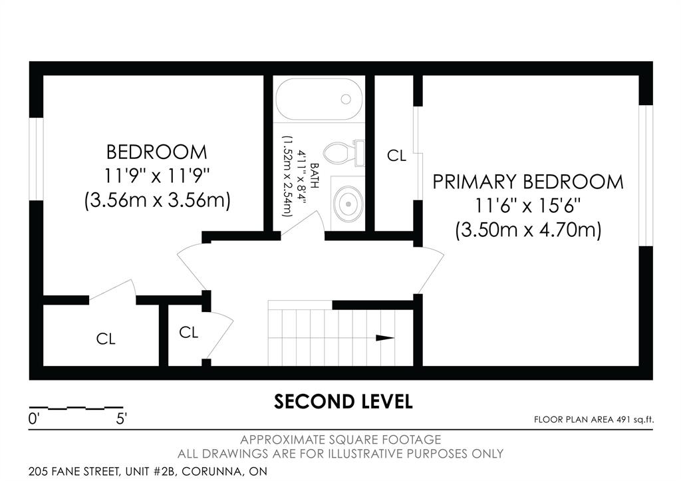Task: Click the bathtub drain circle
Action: (x=346, y=99)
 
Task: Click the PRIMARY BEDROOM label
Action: (x=528, y=182)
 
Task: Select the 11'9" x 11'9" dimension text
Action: (x=157, y=176)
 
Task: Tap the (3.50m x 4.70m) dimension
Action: (x=528, y=230)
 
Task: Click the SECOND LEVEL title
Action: (x=343, y=401)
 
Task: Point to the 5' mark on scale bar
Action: (x=121, y=419)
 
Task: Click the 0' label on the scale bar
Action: (x=34, y=419)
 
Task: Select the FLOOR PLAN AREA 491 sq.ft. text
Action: (x=594, y=420)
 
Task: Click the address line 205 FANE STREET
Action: (x=148, y=471)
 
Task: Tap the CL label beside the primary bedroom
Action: (x=396, y=155)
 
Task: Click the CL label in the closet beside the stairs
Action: (x=188, y=333)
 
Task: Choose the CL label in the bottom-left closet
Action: (x=106, y=339)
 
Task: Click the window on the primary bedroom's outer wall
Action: (x=646, y=176)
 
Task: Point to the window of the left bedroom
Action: (x=37, y=158)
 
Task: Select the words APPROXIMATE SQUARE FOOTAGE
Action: (x=340, y=440)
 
